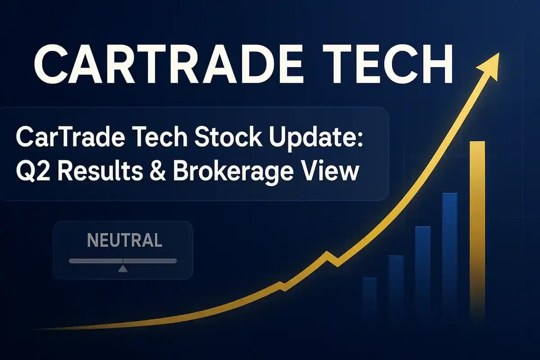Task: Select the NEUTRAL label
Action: coord(124,240)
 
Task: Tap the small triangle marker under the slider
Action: coord(122,269)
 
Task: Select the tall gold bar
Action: coord(477,225)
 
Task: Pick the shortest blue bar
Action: coord(369,295)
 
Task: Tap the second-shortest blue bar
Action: coord(396,283)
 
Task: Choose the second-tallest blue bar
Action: coord(423,268)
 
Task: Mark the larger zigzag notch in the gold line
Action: coord(332,259)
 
